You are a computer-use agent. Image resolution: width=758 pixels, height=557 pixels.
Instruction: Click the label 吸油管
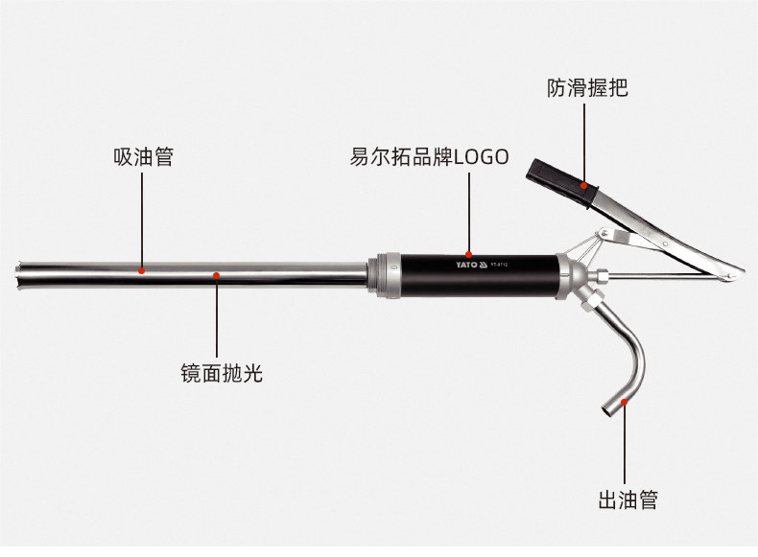(143, 157)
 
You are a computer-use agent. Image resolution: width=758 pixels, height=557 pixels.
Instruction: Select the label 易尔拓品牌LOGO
(429, 157)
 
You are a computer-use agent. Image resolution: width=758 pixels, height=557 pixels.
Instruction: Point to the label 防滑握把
(587, 89)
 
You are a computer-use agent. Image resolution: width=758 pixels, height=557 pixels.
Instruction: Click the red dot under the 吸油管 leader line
(142, 270)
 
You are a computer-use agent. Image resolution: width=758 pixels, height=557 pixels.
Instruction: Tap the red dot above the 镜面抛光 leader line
(217, 276)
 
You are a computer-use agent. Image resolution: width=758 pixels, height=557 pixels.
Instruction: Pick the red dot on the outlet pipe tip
(625, 403)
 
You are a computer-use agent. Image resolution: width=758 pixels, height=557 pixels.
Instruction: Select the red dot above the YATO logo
(468, 251)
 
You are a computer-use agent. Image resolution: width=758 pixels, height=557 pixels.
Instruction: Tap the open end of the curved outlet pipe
(607, 409)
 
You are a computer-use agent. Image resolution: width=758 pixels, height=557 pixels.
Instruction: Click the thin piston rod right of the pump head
(662, 278)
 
